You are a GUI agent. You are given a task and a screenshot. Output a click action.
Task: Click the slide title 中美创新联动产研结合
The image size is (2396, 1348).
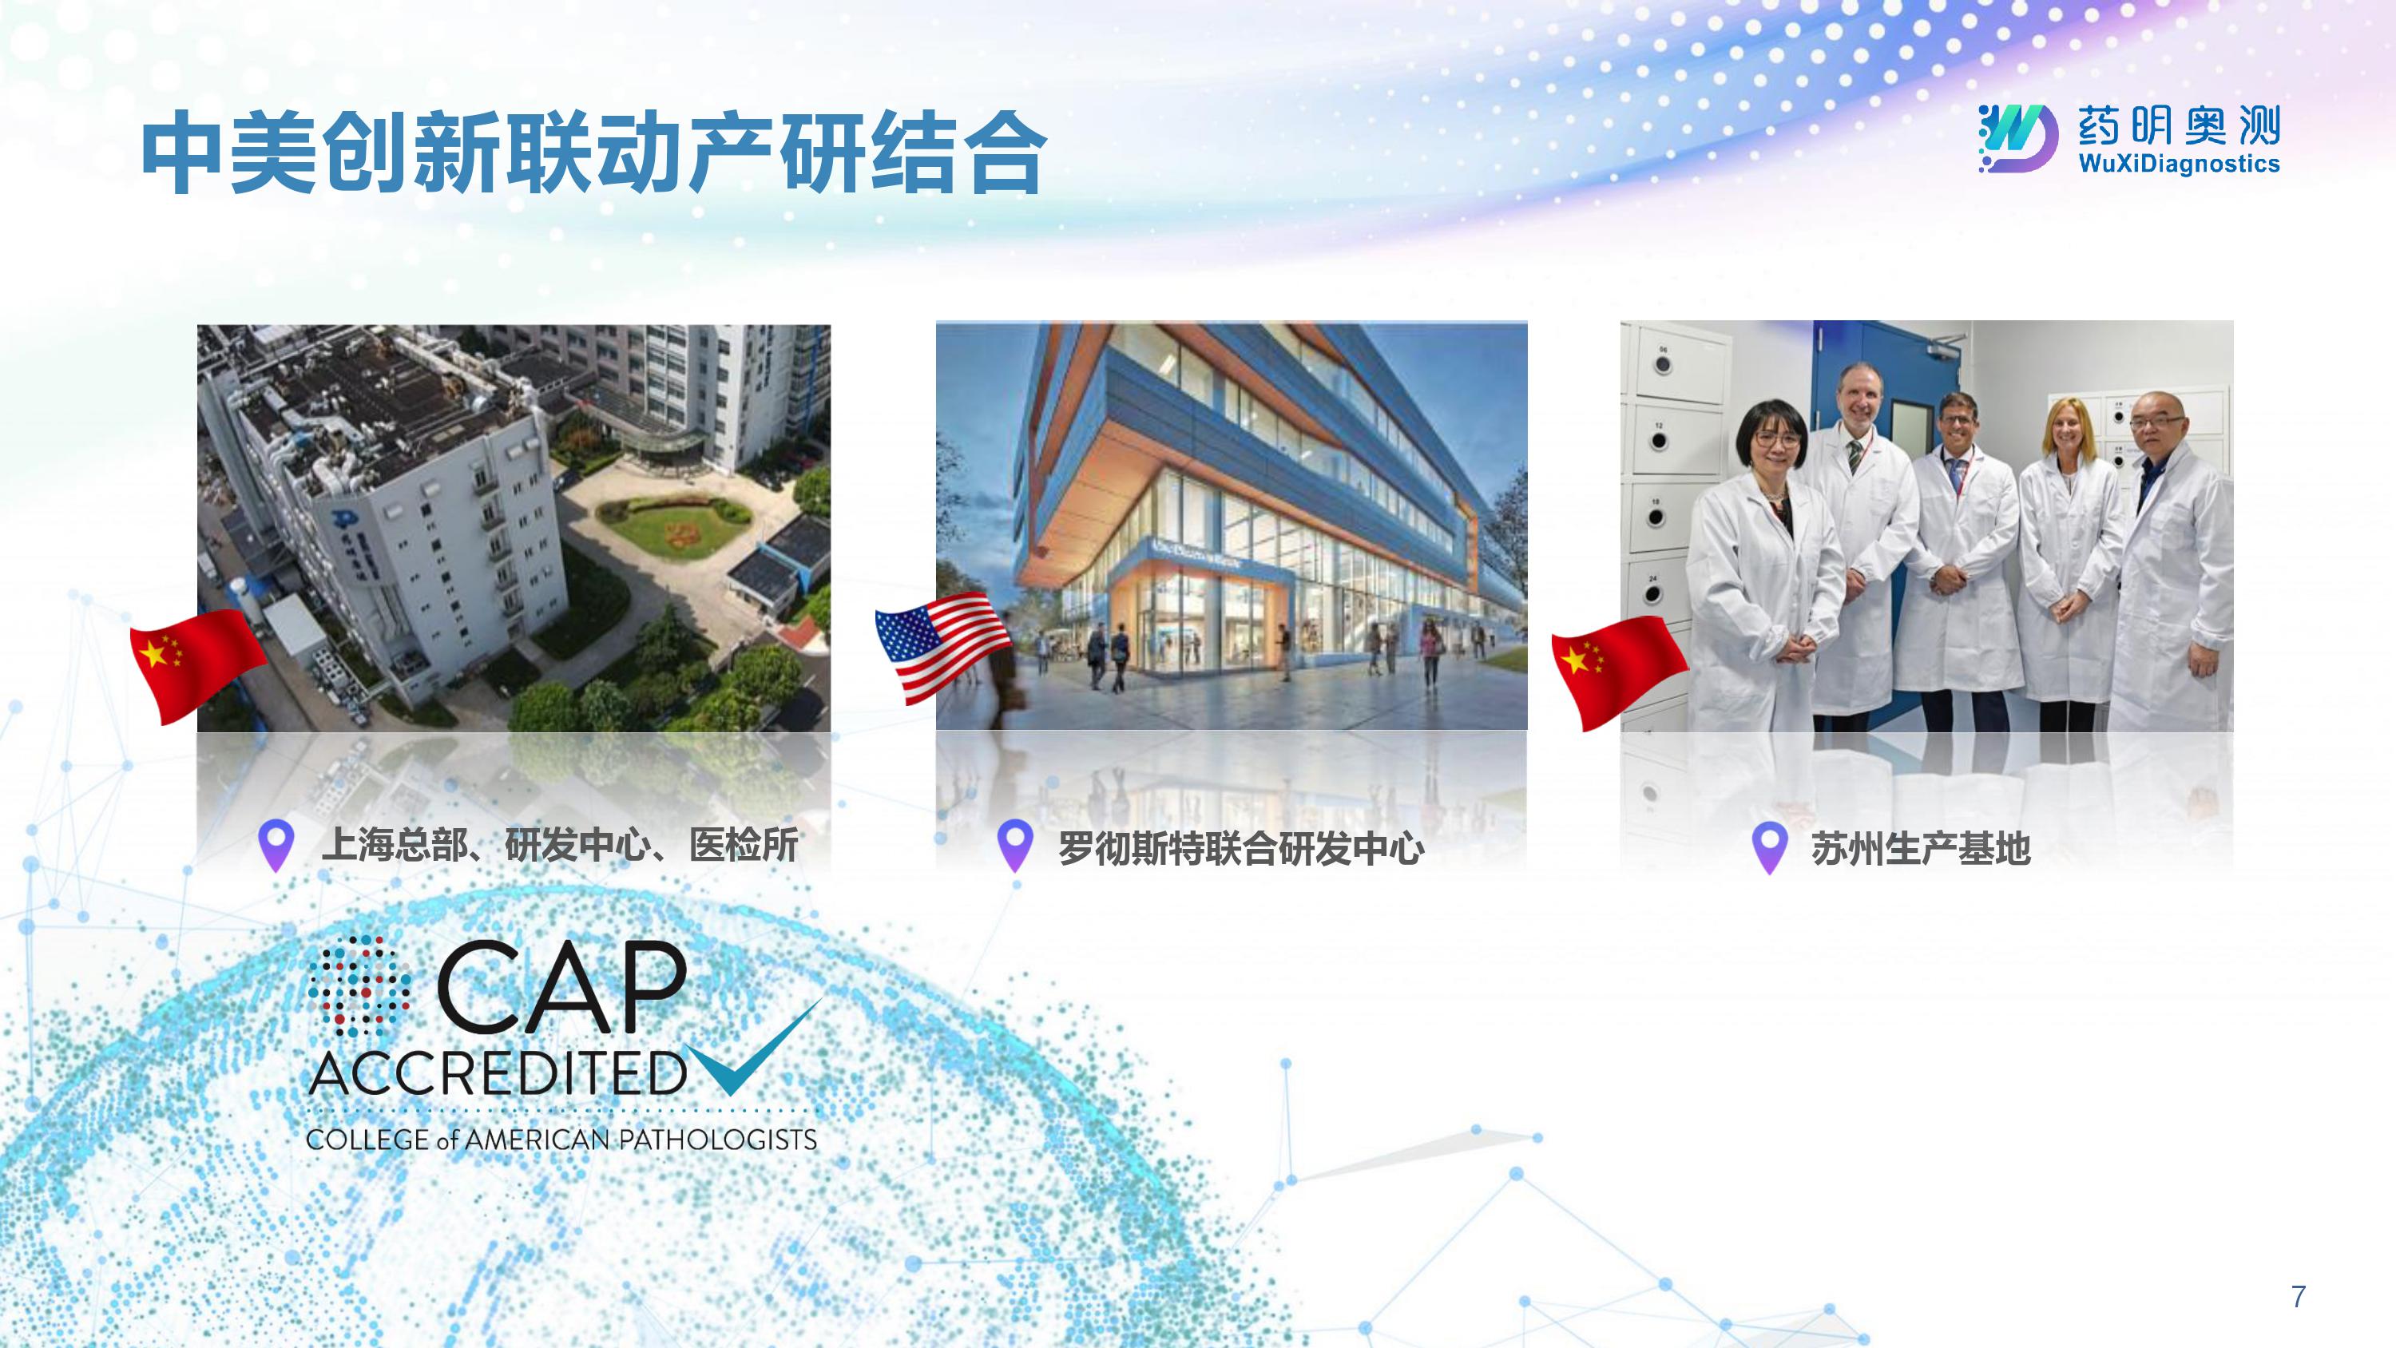[594, 154]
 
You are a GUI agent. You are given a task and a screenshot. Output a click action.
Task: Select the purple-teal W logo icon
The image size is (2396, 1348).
[2017, 137]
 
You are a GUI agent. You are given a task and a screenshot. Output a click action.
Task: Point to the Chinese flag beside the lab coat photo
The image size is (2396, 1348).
[1620, 672]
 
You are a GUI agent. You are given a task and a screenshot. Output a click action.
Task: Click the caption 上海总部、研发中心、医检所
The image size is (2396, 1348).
[559, 846]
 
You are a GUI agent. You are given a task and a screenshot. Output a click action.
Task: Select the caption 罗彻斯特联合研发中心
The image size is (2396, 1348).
[1242, 848]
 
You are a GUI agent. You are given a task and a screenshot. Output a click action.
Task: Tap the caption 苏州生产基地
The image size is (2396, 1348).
[1920, 848]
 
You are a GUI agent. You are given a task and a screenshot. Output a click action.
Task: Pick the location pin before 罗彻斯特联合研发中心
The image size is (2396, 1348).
[1015, 845]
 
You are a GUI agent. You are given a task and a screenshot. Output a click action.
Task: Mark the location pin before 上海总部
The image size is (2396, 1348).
[276, 845]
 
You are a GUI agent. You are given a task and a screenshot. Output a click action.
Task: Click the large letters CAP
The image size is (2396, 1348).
[561, 986]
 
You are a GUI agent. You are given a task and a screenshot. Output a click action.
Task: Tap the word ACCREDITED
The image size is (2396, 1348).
[498, 1073]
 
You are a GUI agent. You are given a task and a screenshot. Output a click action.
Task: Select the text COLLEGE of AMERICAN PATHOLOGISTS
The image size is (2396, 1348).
[561, 1140]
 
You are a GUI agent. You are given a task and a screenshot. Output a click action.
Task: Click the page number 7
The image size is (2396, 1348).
[2299, 1296]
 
